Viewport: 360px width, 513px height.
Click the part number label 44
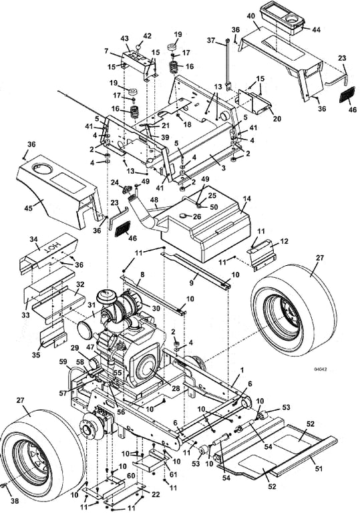[316, 29]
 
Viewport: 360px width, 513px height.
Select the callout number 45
[29, 208]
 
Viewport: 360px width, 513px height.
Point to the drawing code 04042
[320, 369]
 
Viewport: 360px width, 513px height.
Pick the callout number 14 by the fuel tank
[246, 198]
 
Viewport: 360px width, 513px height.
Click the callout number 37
[212, 40]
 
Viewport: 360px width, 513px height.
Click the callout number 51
[319, 469]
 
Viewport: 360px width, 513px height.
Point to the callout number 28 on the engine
[176, 388]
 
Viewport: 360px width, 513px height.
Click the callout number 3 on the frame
[224, 168]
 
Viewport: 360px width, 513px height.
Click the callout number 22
[156, 494]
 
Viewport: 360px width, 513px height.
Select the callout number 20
[277, 119]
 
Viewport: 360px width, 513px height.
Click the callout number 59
[63, 361]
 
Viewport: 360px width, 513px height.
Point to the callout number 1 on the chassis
[242, 370]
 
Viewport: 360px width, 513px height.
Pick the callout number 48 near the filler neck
[154, 199]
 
